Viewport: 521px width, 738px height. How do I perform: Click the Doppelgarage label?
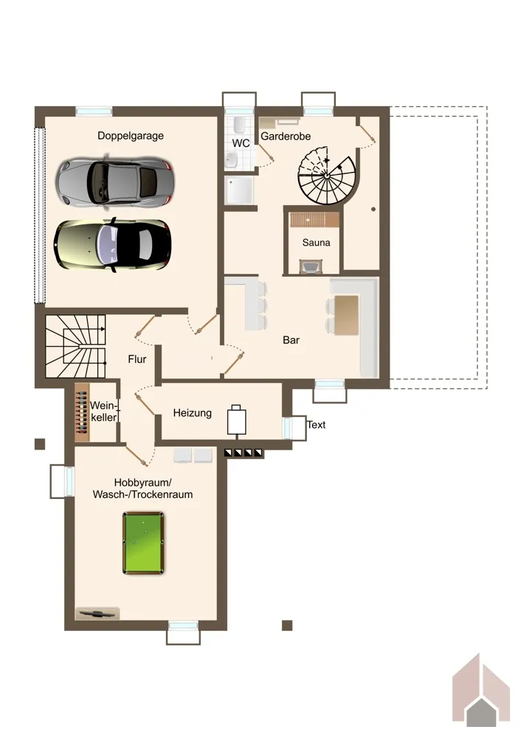click(x=131, y=136)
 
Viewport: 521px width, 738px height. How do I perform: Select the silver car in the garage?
click(x=115, y=182)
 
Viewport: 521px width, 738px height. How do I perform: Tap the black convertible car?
click(x=112, y=245)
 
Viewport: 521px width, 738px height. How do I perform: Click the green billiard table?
click(x=144, y=543)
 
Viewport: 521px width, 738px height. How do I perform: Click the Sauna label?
click(x=316, y=243)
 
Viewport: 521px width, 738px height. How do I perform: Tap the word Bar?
click(x=291, y=340)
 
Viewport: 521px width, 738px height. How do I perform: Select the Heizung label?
click(x=192, y=413)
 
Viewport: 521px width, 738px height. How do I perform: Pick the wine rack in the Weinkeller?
click(x=82, y=413)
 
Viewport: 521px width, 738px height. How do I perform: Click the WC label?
click(x=241, y=143)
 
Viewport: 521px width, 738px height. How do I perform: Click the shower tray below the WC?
click(x=239, y=190)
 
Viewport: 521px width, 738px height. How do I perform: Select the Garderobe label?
click(x=286, y=137)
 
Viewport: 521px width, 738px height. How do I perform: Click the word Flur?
click(x=137, y=359)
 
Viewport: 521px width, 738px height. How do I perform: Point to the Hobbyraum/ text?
click(x=143, y=483)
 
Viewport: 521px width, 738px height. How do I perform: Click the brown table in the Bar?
click(x=346, y=315)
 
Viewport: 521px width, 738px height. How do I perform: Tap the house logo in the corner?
click(x=481, y=694)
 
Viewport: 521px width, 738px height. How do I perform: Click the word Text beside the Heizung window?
click(x=316, y=425)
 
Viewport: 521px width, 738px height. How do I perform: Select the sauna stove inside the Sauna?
click(x=311, y=267)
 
